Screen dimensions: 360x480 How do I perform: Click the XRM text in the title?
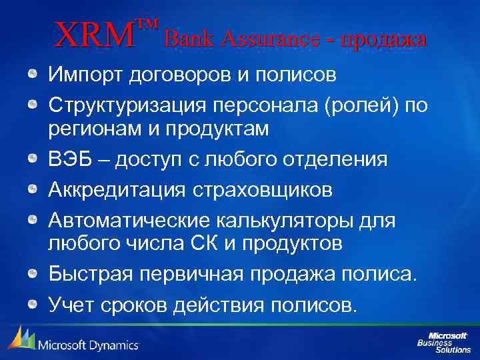coord(95,35)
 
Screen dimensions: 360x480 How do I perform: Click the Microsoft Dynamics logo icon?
coord(21,339)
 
